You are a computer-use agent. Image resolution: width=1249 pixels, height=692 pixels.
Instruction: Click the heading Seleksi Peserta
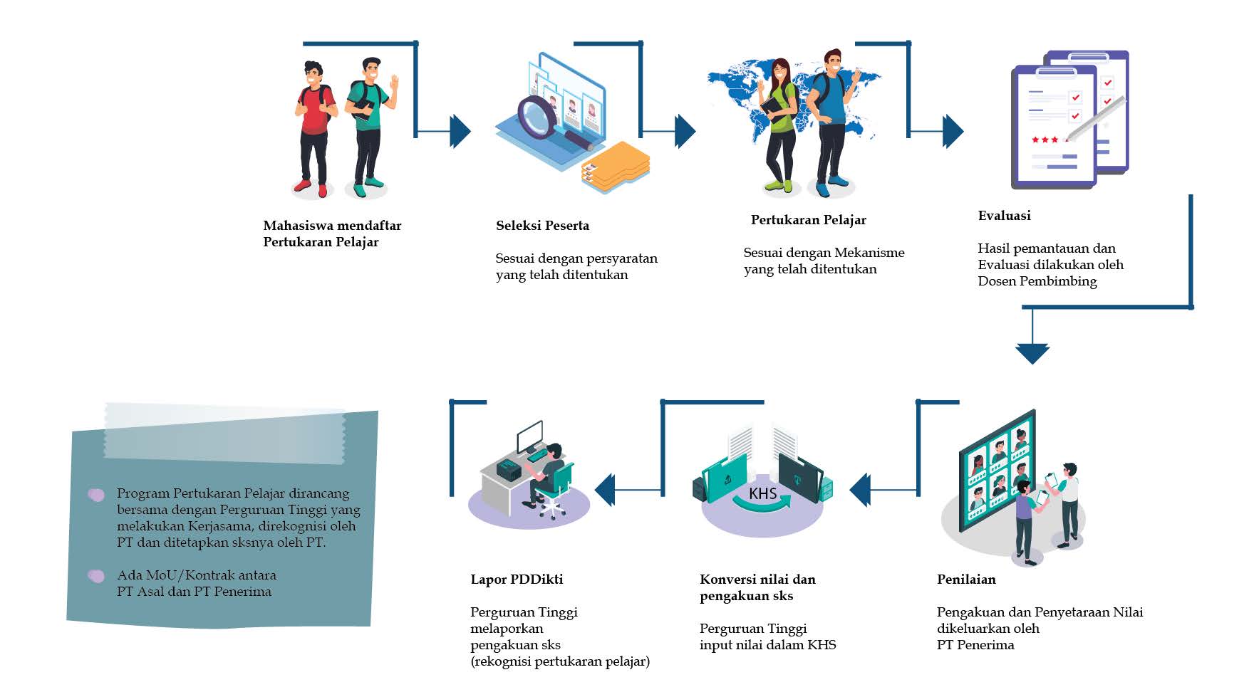coord(542,226)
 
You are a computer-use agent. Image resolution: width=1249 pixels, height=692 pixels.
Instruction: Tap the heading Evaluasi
coord(1004,216)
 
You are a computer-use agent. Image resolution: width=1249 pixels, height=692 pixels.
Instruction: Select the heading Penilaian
coord(965,580)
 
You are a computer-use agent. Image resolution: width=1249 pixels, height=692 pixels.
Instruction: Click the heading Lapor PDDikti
coord(517,580)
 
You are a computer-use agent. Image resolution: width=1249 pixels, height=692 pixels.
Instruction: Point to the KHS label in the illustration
coord(762,493)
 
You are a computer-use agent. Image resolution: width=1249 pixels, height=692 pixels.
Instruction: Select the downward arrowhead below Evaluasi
coord(1032,352)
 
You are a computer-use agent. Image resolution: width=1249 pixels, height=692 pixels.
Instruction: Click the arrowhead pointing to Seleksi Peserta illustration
coord(460,131)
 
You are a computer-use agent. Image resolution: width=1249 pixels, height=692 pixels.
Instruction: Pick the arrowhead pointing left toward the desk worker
coord(605,491)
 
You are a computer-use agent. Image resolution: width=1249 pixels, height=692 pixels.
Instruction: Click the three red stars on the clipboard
coord(1045,140)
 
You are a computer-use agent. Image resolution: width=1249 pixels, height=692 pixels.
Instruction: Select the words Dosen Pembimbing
coord(1037,281)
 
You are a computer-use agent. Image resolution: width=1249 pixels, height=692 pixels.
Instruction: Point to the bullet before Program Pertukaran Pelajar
coord(96,494)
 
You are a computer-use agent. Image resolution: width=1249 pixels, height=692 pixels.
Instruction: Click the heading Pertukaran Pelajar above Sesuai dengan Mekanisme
coord(808,220)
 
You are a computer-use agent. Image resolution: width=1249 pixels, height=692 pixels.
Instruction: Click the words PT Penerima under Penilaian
coord(975,645)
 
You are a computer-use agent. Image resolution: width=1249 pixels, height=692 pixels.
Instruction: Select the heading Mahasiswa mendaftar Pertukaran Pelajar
coord(332,234)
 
